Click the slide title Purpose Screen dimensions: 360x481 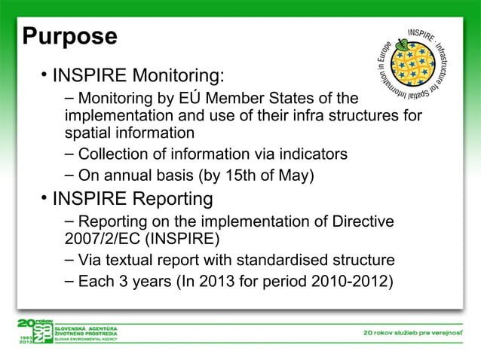[69, 35]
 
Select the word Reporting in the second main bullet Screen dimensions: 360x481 [169, 199]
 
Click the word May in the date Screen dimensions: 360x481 [296, 175]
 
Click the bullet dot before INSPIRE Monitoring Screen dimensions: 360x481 [45, 75]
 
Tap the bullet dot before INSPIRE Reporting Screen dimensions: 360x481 [45, 198]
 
